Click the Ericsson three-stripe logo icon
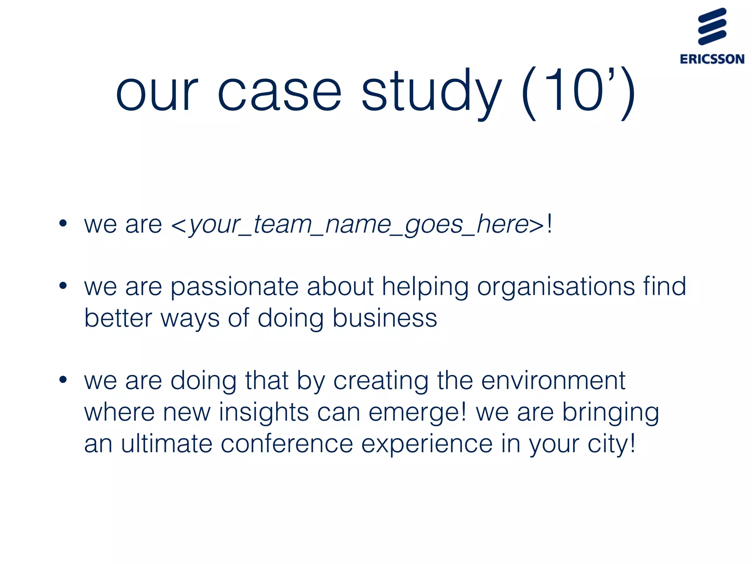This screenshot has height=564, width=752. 712,26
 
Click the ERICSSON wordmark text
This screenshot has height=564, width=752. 712,59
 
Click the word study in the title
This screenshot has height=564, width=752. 431,92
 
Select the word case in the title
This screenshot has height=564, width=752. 279,92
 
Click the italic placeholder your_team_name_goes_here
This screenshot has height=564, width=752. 358,225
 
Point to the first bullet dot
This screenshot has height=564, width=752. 63,223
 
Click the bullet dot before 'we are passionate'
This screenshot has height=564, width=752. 63,285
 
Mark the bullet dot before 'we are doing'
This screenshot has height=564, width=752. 63,380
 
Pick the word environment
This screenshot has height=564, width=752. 553,381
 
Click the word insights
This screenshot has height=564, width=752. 264,413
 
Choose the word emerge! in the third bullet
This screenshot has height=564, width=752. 417,413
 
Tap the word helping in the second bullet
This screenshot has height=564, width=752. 425,287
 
